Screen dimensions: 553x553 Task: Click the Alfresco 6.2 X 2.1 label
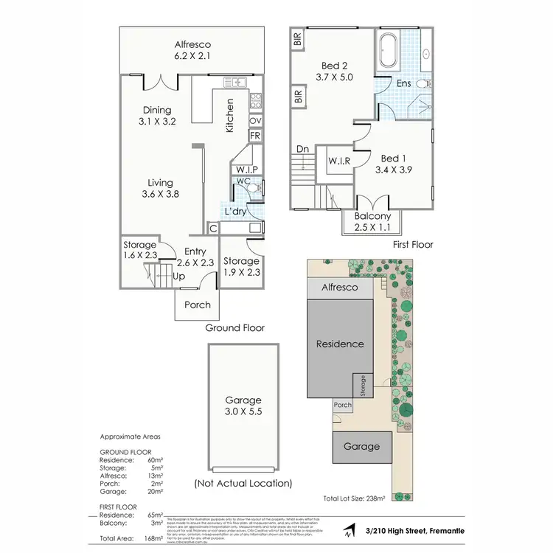pos(192,49)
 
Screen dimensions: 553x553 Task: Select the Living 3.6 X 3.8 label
pos(160,188)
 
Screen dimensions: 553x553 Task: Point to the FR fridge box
pos(255,136)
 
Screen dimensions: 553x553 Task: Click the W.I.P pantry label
pos(246,170)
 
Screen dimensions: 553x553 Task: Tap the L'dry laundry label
pos(235,212)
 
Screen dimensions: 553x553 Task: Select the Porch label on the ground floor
pos(197,305)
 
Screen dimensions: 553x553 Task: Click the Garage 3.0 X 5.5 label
pos(243,406)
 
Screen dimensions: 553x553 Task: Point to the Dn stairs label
pos(302,149)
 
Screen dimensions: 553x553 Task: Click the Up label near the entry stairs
pos(178,276)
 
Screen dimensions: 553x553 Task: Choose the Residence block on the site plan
pos(340,344)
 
